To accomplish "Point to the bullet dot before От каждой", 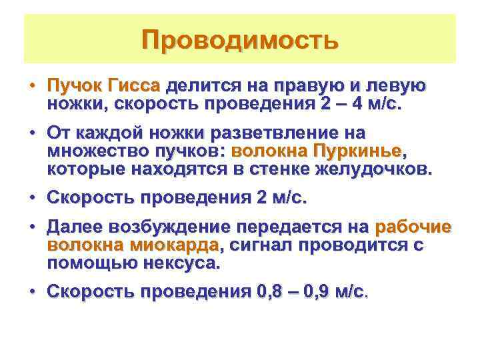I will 31,133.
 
